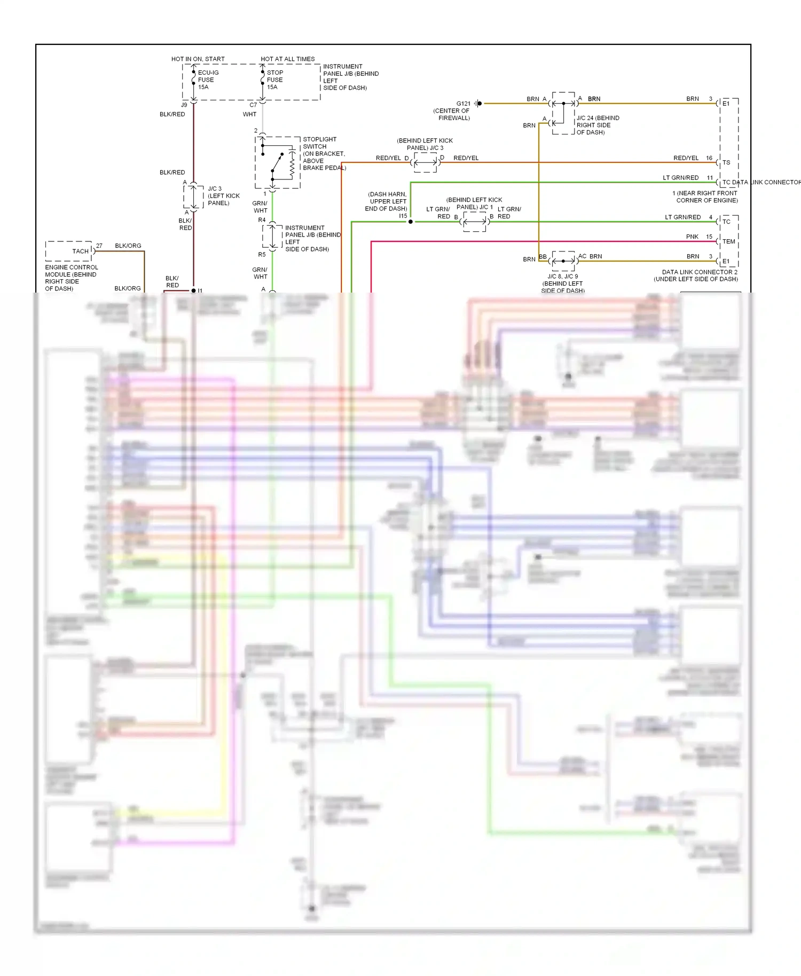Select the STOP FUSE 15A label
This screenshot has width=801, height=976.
275,80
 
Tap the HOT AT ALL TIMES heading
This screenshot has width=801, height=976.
287,59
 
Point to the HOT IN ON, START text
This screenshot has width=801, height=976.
198,59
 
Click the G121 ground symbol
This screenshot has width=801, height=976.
479,104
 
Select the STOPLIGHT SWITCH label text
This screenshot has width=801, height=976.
319,143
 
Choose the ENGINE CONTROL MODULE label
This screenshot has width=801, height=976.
71,278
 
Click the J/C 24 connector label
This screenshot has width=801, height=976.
598,125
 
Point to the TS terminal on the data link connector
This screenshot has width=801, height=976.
726,162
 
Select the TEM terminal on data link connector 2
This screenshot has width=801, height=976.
728,241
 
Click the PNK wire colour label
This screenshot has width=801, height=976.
692,237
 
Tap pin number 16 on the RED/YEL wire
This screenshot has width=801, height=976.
709,158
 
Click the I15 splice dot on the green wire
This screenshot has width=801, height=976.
410,222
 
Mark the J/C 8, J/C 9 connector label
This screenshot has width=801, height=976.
562,284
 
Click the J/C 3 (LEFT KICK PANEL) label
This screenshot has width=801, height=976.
223,195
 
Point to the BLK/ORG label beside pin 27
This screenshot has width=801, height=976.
128,246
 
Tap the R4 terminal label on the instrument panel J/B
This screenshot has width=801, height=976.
262,220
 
